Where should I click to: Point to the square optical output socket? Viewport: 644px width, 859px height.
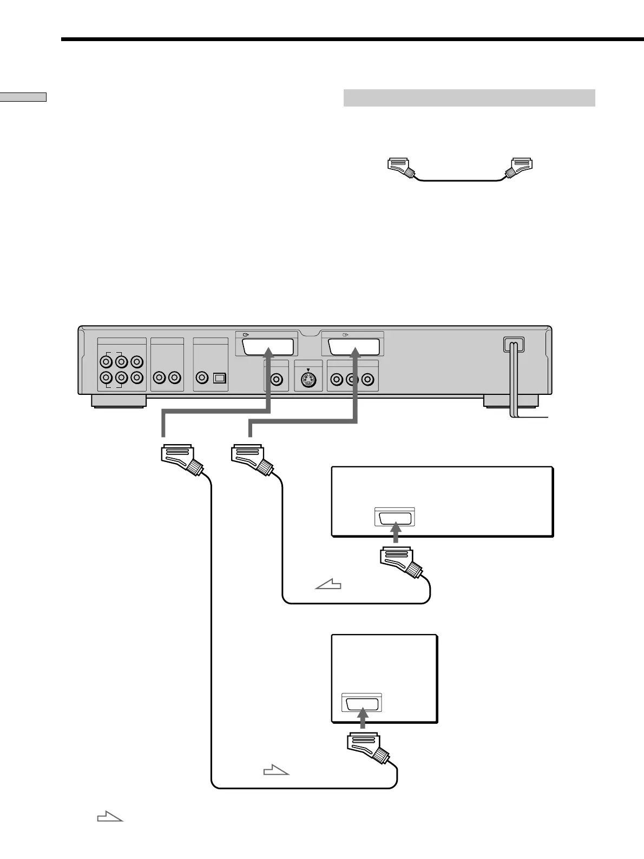click(219, 378)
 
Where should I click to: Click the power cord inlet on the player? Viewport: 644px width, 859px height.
click(514, 346)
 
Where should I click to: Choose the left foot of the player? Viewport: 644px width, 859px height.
click(118, 401)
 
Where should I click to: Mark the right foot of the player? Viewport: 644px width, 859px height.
click(510, 401)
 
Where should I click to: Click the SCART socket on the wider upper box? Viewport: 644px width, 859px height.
click(395, 518)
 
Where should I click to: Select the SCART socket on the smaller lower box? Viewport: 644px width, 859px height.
click(362, 703)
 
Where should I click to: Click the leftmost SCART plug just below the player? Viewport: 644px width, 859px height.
click(181, 459)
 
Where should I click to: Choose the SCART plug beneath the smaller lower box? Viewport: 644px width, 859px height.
click(367, 748)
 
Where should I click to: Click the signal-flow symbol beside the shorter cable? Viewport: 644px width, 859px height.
click(328, 584)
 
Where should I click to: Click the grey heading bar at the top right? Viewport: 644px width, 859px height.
click(469, 98)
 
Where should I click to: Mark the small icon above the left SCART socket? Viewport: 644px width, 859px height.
click(247, 334)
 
